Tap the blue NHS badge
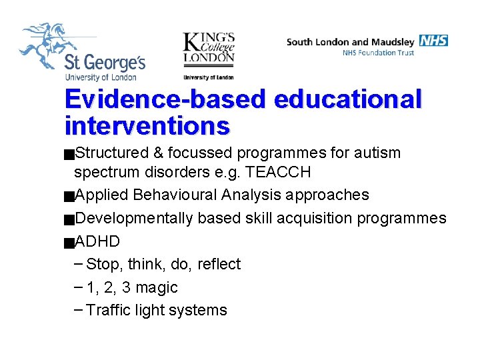(433, 41)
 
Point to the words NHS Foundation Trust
(378, 53)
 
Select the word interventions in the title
(147, 125)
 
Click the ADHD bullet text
(97, 241)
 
